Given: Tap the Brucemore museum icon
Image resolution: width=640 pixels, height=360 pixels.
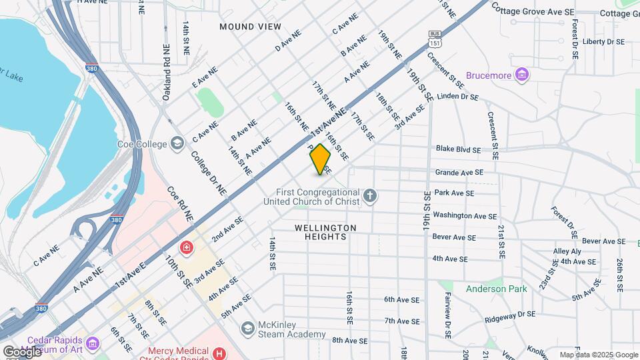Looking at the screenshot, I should (x=523, y=75).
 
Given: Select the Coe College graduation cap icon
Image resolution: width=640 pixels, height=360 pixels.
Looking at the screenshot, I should (x=177, y=143).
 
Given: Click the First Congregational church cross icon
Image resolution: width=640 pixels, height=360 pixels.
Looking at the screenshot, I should (x=371, y=196).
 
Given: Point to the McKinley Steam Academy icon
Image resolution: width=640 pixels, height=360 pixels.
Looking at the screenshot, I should (x=249, y=328).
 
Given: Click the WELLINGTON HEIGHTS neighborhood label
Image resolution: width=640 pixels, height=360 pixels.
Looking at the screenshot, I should (x=325, y=232).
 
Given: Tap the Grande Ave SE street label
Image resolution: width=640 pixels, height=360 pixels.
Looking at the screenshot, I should (x=458, y=172).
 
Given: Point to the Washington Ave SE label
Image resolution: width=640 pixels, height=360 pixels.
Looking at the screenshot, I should (x=465, y=215).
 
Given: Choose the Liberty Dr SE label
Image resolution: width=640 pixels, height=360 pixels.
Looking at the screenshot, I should (x=603, y=41).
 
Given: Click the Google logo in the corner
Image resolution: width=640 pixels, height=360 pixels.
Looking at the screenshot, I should (x=22, y=351).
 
